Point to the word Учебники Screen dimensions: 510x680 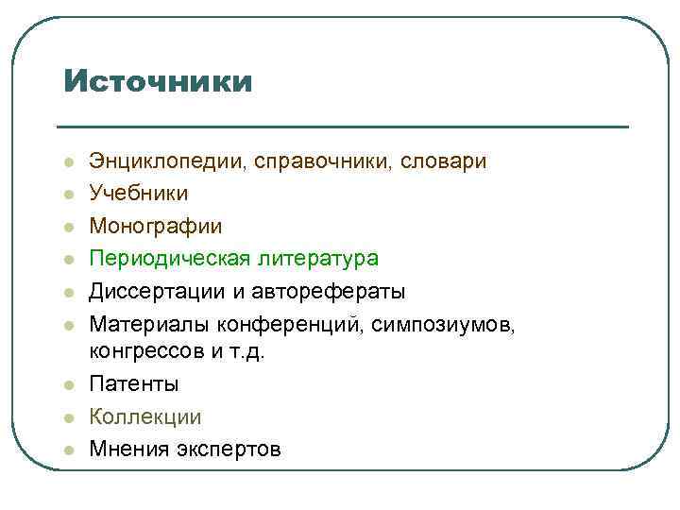click(x=138, y=194)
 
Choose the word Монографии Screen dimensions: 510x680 click(x=156, y=226)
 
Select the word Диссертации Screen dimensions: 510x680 click(x=156, y=291)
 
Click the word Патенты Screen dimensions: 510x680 click(x=133, y=384)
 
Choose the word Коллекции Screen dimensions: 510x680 click(x=144, y=416)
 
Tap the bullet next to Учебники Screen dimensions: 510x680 click(x=69, y=195)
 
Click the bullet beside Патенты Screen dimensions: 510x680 click(x=69, y=385)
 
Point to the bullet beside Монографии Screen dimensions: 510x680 click(x=69, y=227)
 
